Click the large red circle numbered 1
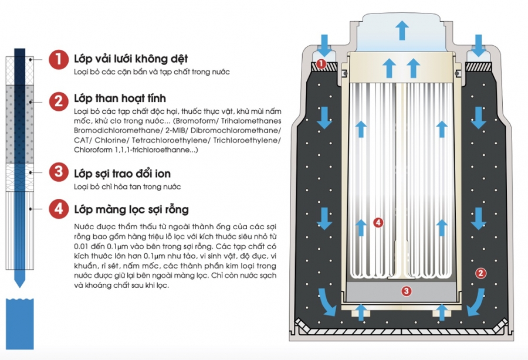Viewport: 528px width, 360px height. [x=57, y=59]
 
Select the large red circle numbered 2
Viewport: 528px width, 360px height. [x=57, y=101]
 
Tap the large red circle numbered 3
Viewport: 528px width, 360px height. [x=57, y=173]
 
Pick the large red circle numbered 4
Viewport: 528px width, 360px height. [x=57, y=209]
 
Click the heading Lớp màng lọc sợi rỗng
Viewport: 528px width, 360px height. [x=131, y=209]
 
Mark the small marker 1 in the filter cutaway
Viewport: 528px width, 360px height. [x=321, y=63]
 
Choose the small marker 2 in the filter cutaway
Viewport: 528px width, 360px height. [x=480, y=272]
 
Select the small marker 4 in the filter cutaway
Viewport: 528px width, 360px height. [x=378, y=222]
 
